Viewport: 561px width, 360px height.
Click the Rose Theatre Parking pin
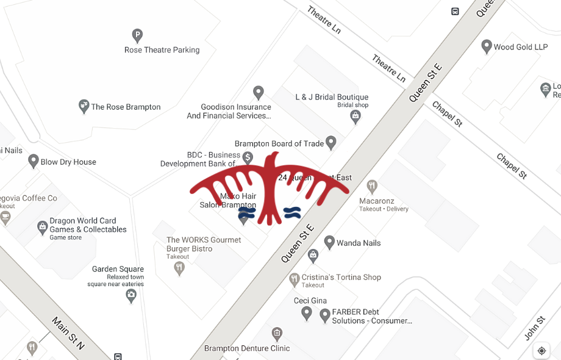click(137, 35)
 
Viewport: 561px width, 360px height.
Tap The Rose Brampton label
click(126, 107)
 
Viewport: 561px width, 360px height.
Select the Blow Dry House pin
click(34, 161)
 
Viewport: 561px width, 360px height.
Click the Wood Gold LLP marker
click(487, 46)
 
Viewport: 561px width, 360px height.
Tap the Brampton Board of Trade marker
click(331, 142)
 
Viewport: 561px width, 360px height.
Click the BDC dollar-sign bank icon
click(248, 157)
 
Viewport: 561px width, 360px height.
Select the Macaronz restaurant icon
click(372, 185)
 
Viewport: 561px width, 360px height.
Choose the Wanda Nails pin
click(329, 242)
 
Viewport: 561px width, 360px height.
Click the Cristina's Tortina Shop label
click(341, 277)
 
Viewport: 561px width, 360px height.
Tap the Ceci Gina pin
click(307, 313)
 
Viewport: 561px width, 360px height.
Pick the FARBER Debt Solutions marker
click(325, 315)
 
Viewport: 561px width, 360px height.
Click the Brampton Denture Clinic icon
click(277, 333)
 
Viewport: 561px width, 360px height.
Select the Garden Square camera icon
click(131, 295)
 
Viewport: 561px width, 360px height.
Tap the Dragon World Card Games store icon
click(42, 228)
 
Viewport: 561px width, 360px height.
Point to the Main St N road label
click(68, 333)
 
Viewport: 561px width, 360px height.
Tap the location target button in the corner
click(541, 350)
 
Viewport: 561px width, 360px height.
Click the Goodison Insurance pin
click(258, 92)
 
